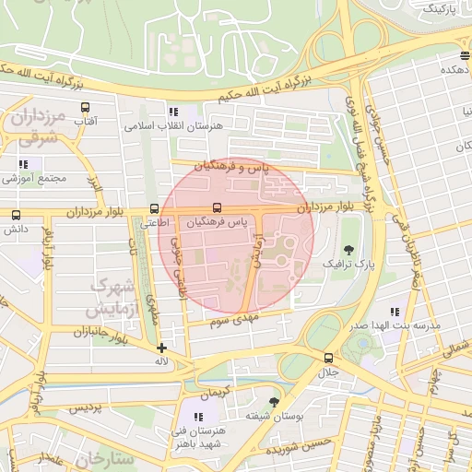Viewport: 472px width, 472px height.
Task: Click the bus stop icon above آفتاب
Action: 86,107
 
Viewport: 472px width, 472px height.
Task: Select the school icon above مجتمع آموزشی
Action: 24,164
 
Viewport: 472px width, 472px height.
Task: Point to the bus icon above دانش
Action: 16,215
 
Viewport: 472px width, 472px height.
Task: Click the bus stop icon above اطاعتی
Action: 155,209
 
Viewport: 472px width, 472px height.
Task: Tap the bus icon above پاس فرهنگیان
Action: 218,207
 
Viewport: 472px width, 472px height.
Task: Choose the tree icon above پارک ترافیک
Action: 348,250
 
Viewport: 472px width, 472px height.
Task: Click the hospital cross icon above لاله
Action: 162,348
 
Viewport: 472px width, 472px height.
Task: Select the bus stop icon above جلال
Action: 328,358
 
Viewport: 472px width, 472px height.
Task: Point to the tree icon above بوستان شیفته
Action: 274,401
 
